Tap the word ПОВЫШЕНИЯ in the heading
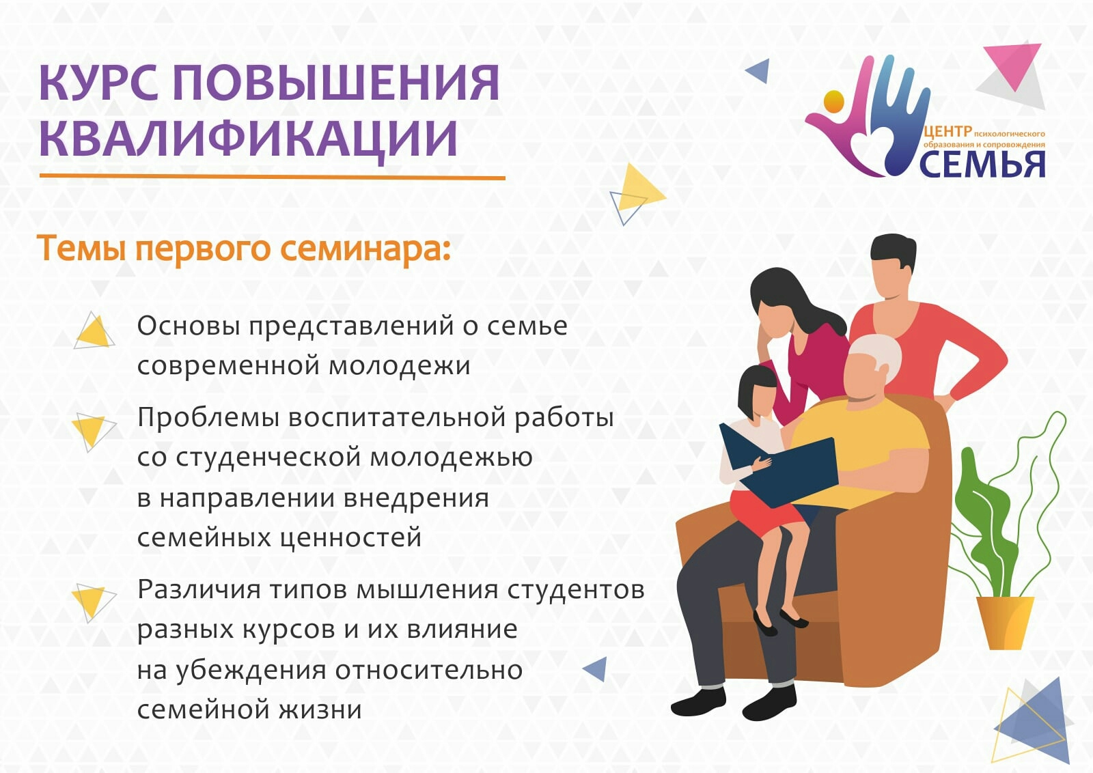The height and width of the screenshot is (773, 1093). click(337, 82)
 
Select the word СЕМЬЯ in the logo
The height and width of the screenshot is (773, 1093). click(983, 165)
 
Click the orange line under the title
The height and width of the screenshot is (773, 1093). click(273, 177)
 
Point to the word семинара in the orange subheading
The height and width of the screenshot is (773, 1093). click(365, 249)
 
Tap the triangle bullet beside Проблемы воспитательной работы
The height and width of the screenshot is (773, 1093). click(93, 432)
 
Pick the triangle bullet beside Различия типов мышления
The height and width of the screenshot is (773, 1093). click(93, 602)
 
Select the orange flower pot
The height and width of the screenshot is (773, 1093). click(1005, 623)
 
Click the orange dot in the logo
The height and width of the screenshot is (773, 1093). click(833, 102)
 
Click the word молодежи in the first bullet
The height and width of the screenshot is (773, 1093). click(399, 366)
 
